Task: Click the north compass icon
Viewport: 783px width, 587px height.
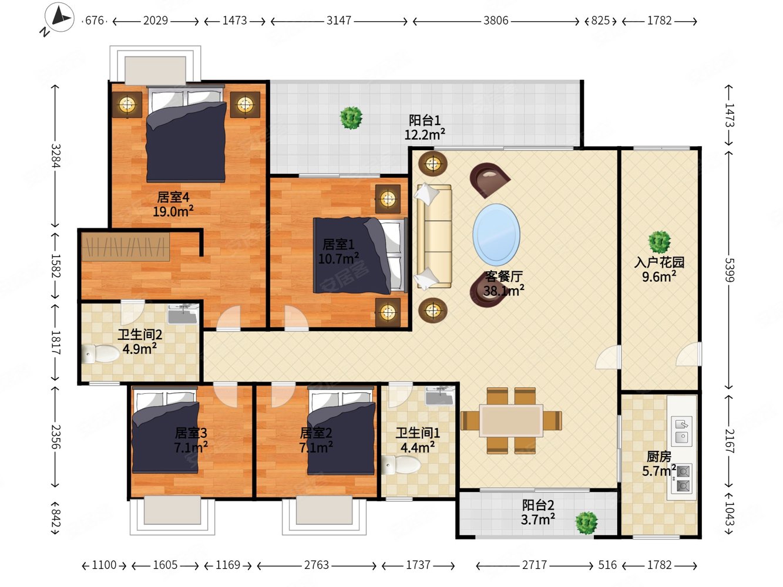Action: [x=59, y=17]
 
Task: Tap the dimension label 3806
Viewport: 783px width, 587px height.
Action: [x=496, y=21]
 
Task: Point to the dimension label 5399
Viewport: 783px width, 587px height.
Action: [x=730, y=270]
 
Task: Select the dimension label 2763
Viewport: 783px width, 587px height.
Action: [x=317, y=565]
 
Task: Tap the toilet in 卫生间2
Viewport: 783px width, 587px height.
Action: [x=100, y=354]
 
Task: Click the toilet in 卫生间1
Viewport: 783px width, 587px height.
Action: [x=401, y=465]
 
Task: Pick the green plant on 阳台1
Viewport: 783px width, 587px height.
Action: [x=351, y=118]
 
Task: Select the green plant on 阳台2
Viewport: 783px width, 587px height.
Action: [x=586, y=523]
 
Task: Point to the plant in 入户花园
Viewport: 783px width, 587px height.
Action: [x=659, y=242]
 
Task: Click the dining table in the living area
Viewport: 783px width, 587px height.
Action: [x=511, y=420]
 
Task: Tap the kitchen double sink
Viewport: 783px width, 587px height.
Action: [x=682, y=431]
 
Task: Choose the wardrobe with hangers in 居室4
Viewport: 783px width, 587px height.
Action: [x=126, y=247]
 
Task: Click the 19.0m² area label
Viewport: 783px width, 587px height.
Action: [x=173, y=211]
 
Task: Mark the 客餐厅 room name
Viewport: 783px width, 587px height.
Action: [x=503, y=276]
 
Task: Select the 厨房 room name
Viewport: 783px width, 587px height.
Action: [x=659, y=457]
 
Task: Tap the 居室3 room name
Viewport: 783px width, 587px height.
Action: [x=191, y=433]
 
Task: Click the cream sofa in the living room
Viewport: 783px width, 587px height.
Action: [x=433, y=235]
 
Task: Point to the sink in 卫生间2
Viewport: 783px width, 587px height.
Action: [x=183, y=314]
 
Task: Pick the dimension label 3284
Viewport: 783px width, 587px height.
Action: [x=55, y=156]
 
